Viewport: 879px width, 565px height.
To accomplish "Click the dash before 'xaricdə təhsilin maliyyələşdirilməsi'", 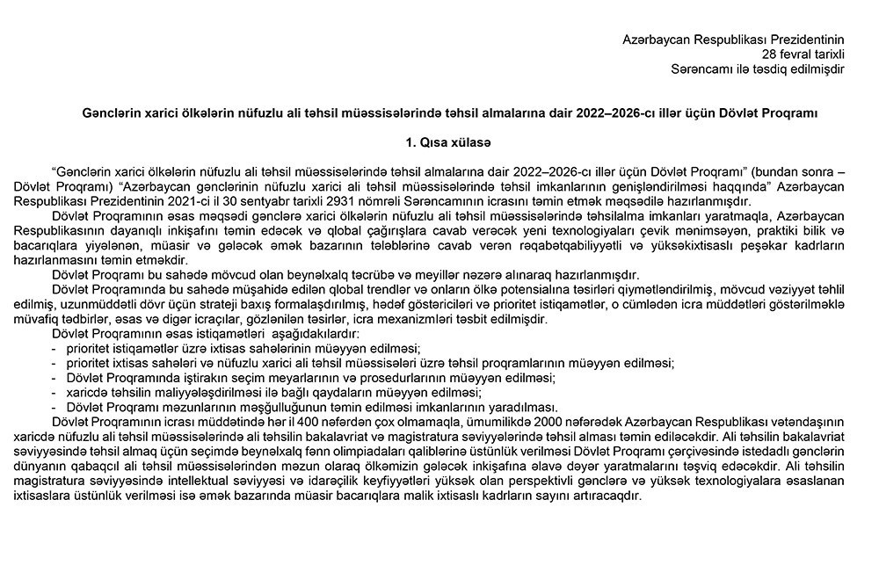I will click(x=54, y=392).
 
